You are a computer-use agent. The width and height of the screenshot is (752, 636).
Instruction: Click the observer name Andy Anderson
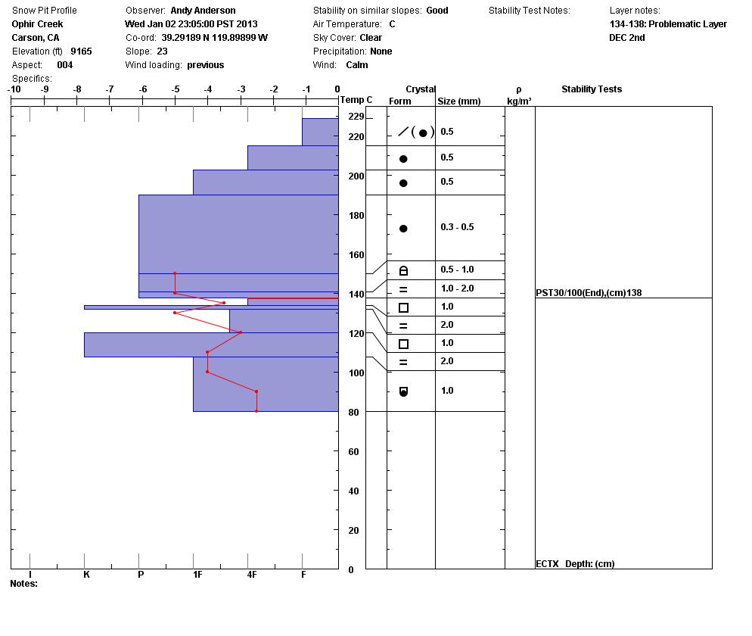tap(203, 11)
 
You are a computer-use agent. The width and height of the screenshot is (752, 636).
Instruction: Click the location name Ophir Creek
tap(37, 24)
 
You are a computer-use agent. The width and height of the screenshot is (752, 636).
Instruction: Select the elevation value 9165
tap(81, 51)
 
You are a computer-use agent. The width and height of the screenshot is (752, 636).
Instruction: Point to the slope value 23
tap(162, 51)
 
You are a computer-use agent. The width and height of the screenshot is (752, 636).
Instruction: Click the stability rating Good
tap(437, 11)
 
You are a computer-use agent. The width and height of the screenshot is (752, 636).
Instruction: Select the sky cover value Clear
tap(371, 38)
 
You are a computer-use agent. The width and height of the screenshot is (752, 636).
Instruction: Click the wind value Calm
tap(357, 65)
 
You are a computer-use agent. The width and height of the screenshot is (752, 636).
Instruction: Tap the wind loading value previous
tap(206, 65)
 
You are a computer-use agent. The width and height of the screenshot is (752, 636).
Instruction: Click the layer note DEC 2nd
tap(627, 38)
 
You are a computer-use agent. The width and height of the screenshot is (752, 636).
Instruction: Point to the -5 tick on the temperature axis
tap(176, 89)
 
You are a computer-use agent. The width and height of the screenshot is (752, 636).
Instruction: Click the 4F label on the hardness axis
tap(252, 575)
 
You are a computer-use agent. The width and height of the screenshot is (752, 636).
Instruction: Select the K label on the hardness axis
tap(86, 575)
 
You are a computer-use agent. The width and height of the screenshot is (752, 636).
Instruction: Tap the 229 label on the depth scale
tap(356, 117)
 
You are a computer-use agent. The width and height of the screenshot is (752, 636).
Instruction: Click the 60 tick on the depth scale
tap(353, 452)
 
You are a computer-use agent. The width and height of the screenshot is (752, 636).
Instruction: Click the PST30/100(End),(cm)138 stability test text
tap(589, 293)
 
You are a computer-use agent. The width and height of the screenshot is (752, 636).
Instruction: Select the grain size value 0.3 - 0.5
tap(457, 227)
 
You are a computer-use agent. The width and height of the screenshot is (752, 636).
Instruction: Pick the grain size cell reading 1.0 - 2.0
tap(457, 288)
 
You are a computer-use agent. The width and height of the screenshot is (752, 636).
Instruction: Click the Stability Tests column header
tap(591, 89)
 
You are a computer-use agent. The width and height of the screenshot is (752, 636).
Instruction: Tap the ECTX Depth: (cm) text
tap(575, 564)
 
